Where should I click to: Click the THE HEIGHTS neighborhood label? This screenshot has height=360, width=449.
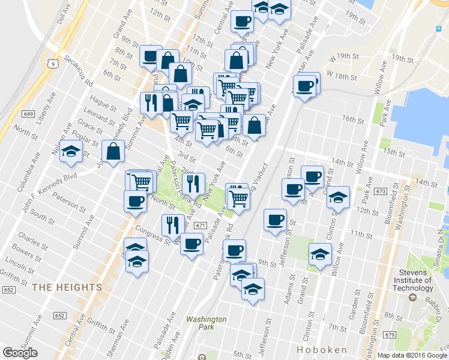coord(67,287)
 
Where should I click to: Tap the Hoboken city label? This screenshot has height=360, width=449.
coord(322,349)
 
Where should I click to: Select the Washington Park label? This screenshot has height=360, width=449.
coord(206,324)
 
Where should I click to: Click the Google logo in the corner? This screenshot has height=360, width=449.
coord(20,353)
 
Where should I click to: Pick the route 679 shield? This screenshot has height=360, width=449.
coord(406,334)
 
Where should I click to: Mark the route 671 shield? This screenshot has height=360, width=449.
coord(200,226)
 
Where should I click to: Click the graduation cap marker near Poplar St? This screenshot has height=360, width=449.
coord(71,152)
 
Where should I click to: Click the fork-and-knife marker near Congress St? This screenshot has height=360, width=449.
coord(173,225)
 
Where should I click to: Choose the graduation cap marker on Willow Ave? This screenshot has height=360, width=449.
coord(320,254)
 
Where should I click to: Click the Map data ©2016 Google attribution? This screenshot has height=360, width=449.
coord(412,355)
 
